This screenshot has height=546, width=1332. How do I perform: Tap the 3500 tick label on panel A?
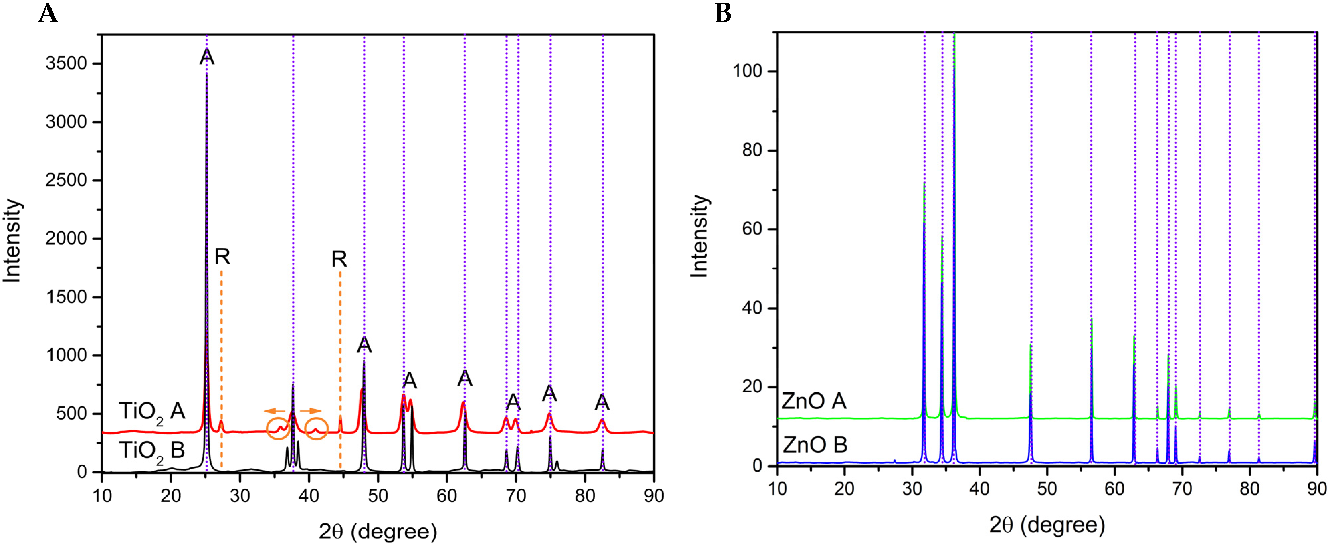pyautogui.click(x=66, y=63)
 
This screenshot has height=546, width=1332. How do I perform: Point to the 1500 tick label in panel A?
pyautogui.click(x=66, y=297)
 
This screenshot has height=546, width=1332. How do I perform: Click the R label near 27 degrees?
pyautogui.click(x=222, y=257)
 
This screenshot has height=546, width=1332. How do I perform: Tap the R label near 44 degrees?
pyautogui.click(x=339, y=259)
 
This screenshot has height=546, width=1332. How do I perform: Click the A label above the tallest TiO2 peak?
pyautogui.click(x=207, y=57)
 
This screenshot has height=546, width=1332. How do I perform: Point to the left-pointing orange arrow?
pyautogui.click(x=275, y=411)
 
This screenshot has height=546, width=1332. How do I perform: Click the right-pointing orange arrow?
pyautogui.click(x=311, y=411)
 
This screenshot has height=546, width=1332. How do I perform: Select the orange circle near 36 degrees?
pyautogui.click(x=278, y=429)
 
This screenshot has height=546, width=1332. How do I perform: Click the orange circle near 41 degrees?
pyautogui.click(x=316, y=429)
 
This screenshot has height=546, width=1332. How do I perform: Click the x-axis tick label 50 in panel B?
pyautogui.click(x=1047, y=488)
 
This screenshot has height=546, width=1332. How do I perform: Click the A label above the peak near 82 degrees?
pyautogui.click(x=602, y=402)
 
